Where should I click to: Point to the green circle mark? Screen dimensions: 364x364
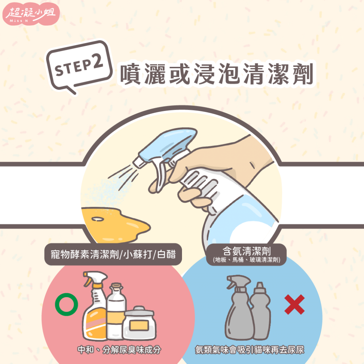click(x=66, y=304)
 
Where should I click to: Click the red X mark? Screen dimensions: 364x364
click(x=295, y=304)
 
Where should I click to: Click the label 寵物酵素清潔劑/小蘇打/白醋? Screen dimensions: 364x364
click(x=113, y=254)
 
